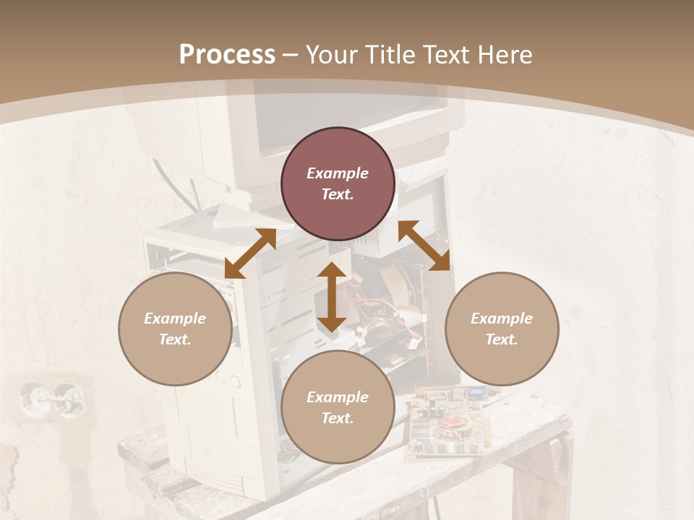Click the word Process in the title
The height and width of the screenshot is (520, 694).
coord(227,55)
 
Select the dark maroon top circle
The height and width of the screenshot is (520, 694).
coord(338,184)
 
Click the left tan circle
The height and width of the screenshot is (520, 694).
coord(175,329)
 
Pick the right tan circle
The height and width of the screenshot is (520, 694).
coord(502,329)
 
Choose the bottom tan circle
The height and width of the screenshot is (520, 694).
coord(338,407)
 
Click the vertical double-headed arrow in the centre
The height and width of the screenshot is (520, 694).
coord(331,297)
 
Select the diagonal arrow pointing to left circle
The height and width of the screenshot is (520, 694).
coord(250,253)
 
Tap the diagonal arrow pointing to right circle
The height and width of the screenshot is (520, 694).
coord(424,246)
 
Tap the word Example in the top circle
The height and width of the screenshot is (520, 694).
coord(338,173)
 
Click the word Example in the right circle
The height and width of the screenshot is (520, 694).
coord(502,318)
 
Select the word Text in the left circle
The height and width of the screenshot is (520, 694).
coord(175,339)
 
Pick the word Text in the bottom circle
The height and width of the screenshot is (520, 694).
coord(338,418)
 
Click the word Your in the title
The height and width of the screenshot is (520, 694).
coord(330,55)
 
